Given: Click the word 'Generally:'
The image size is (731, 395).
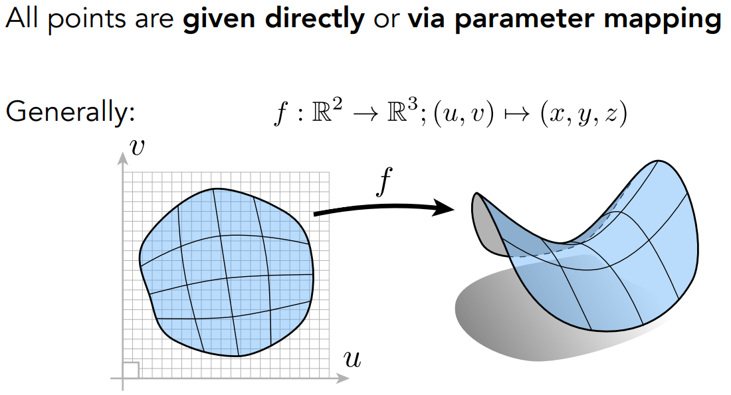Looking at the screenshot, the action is pos(70,112).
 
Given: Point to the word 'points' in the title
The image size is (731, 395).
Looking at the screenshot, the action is pos(86,20).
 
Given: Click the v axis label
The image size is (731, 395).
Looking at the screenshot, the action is pos(137,147).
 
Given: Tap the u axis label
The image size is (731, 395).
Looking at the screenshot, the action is pos(352,359).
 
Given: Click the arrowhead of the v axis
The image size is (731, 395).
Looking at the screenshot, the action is pos(123,159).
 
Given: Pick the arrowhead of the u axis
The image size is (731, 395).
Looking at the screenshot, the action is pos(343,378).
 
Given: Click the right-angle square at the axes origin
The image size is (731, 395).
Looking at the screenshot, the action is pos(130,370).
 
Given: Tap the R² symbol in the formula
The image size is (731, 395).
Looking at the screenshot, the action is pos(326,112).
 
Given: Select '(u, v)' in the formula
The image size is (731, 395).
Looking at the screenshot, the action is pos(463,114).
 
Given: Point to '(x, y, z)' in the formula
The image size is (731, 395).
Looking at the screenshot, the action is pos(583,114).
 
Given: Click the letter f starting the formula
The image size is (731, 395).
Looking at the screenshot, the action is pos(281,114).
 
